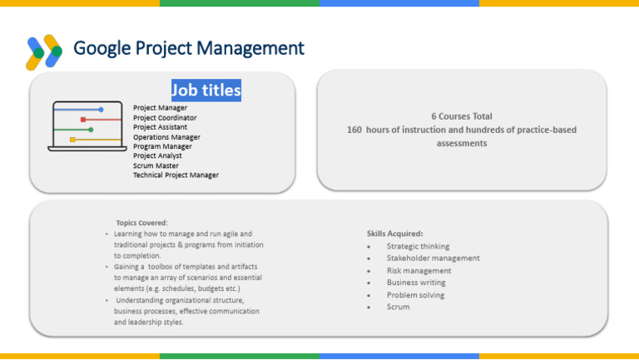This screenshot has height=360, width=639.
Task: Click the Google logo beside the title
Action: (x=44, y=51)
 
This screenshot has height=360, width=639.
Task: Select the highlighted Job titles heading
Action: (x=206, y=90)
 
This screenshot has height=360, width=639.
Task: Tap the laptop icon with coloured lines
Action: (x=87, y=126)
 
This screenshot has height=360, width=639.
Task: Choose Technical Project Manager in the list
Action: (x=176, y=175)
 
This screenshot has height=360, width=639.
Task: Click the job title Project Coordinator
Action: (x=165, y=118)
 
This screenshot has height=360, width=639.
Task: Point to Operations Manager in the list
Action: (x=166, y=137)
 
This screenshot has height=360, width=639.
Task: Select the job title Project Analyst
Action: (x=157, y=155)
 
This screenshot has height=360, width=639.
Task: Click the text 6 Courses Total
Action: (x=462, y=116)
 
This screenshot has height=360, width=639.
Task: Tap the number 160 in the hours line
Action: (x=354, y=130)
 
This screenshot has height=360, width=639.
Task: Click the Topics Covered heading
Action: (x=141, y=222)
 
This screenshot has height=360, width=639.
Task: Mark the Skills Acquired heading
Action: (x=395, y=234)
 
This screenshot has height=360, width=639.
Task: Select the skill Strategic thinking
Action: (x=418, y=246)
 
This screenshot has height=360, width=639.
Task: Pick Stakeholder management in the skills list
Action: (x=433, y=258)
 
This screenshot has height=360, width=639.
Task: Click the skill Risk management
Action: (x=419, y=270)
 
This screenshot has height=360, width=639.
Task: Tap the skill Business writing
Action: (x=416, y=283)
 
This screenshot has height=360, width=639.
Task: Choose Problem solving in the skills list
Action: (x=415, y=294)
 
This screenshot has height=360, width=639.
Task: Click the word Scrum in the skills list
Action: (x=398, y=307)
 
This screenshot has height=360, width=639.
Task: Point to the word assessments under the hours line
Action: (x=462, y=143)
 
